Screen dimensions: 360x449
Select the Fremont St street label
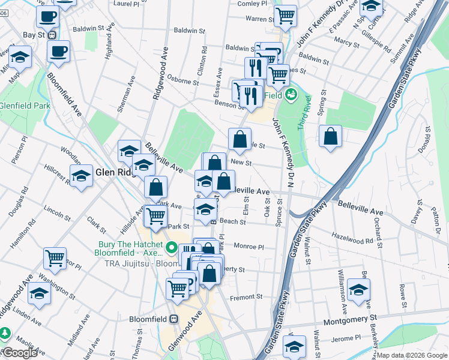(247, 296)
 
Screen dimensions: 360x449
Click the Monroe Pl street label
(249, 247)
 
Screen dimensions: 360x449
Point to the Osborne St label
(182, 81)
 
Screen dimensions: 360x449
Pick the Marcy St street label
(346, 42)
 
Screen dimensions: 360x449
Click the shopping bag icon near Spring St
(331, 136)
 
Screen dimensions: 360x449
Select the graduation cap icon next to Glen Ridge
(81, 176)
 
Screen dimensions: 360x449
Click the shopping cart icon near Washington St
(55, 258)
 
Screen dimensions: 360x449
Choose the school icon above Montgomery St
(358, 290)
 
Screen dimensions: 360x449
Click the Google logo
(19, 353)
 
